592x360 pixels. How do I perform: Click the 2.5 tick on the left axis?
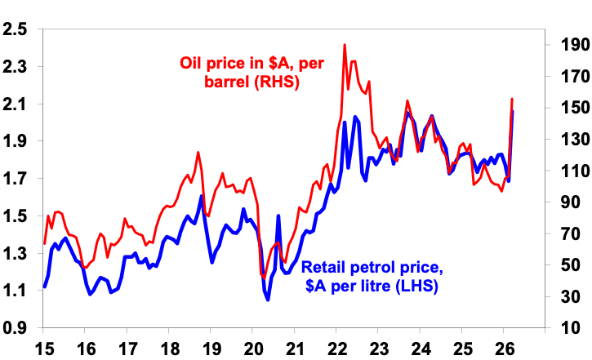[x=15, y=29]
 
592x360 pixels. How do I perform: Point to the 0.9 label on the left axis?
[x=15, y=327]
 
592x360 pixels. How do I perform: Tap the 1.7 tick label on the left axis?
[x=15, y=179]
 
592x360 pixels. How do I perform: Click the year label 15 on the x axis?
[x=45, y=349]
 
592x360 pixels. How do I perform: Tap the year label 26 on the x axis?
[x=505, y=349]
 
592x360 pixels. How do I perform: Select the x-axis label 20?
[x=254, y=349]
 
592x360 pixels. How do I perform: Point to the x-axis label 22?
[x=337, y=349]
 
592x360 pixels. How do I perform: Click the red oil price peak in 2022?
[x=345, y=45]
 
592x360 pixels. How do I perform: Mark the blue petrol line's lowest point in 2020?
[x=268, y=300]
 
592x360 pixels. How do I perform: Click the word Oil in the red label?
[x=192, y=63]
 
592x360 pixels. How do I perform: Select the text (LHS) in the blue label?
[x=416, y=286]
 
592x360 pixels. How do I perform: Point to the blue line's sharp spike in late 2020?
[x=278, y=216]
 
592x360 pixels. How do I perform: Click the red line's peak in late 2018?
[x=198, y=153]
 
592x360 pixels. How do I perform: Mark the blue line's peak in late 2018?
[x=202, y=195]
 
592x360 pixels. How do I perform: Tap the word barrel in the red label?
[x=227, y=82]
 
